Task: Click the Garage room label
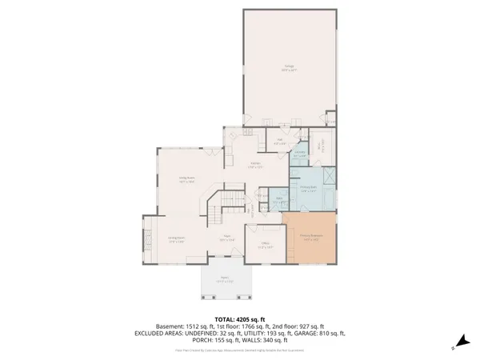click(x=289, y=69)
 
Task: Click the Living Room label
click(x=187, y=181)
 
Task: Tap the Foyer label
click(x=227, y=238)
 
